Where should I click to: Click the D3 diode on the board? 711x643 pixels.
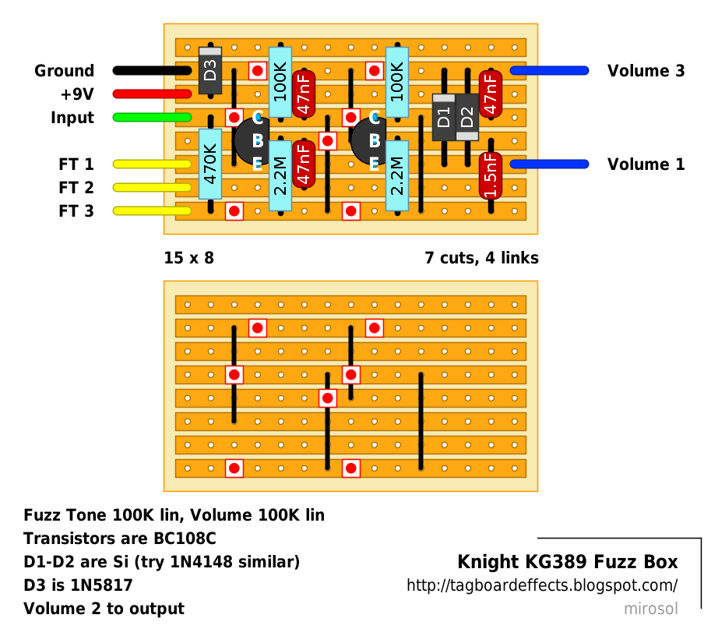210,71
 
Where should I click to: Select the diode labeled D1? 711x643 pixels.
443,118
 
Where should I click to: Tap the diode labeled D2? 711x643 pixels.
466,118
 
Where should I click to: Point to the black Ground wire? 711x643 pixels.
152,71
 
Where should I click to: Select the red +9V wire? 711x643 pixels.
152,94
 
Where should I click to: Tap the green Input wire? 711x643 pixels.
152,118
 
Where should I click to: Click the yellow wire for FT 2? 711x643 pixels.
152,188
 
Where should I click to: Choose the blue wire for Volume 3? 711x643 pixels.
549,71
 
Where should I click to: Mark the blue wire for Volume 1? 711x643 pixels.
549,164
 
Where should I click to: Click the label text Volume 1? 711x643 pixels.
646,164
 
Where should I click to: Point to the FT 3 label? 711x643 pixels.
76,211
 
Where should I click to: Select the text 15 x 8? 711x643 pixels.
188,258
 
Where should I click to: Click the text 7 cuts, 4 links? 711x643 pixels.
481,258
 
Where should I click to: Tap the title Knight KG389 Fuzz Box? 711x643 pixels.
567,562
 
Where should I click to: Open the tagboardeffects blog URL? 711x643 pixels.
542,585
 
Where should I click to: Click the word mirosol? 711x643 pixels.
650,609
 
